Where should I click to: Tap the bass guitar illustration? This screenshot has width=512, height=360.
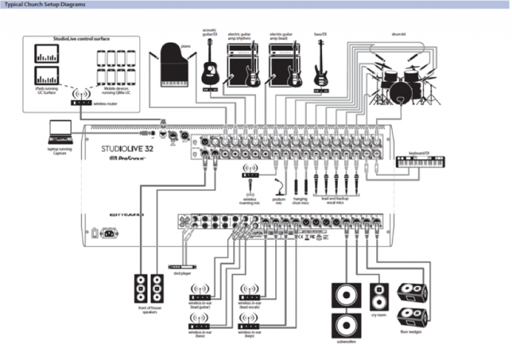point(321,64)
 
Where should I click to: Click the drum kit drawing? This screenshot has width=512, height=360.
point(400,80)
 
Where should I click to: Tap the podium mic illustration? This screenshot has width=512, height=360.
point(279,186)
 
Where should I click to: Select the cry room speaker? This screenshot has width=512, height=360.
point(379,297)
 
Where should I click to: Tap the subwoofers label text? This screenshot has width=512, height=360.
point(346,341)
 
